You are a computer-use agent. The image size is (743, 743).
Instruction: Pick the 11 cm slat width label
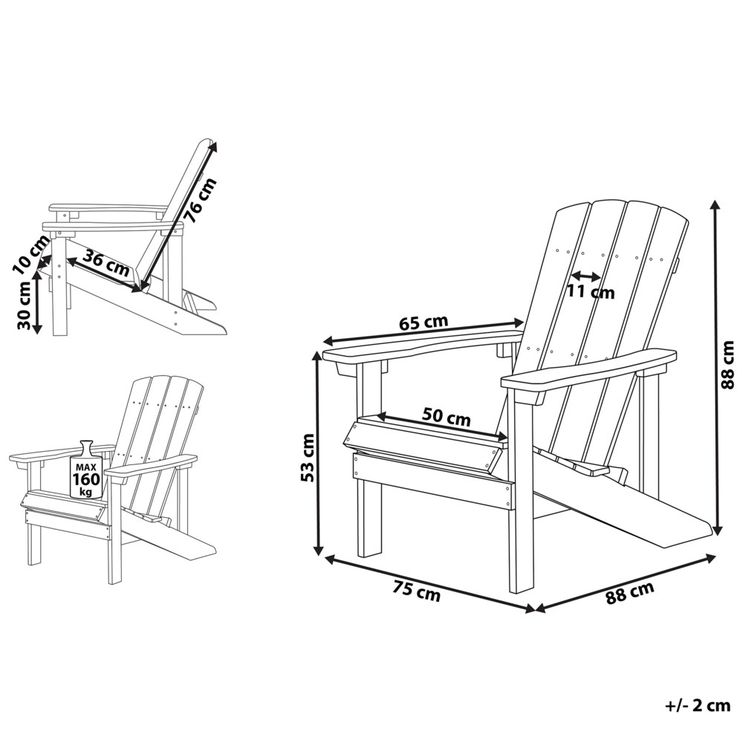tap(591, 292)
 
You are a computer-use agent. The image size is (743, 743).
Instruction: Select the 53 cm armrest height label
tap(306, 457)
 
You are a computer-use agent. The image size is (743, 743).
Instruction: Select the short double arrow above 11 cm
tap(586, 276)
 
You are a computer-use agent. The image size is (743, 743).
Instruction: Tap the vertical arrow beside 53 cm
tap(318, 453)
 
